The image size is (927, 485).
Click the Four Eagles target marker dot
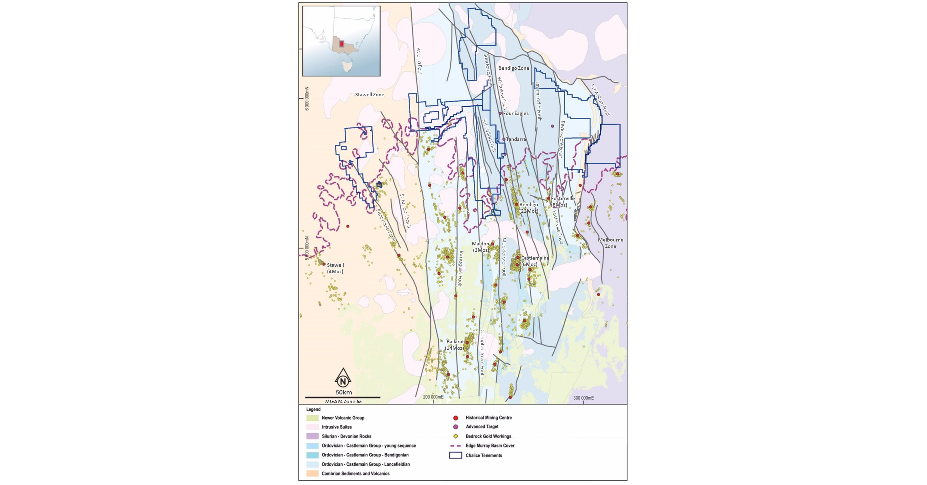click(500, 113)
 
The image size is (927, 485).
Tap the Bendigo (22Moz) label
click(528, 208)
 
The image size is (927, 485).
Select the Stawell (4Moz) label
click(335, 268)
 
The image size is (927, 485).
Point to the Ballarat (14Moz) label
click(455, 345)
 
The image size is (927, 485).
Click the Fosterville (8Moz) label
click(562, 202)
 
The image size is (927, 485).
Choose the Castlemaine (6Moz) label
click(535, 261)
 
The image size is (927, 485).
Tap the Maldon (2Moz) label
click(480, 247)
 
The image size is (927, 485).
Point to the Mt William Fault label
click(600, 100)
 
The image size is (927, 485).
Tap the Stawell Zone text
click(370, 94)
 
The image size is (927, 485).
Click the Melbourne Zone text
click(610, 243)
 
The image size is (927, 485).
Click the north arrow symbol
click(343, 378)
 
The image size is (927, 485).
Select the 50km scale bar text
click(344, 392)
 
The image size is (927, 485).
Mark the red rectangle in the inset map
click(341, 44)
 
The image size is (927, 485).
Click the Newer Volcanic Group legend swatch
click(312, 418)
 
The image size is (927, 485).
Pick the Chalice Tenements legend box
click(455, 455)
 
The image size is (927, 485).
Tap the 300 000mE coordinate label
click(583, 398)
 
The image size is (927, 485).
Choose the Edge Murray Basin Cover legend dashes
click(455, 446)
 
